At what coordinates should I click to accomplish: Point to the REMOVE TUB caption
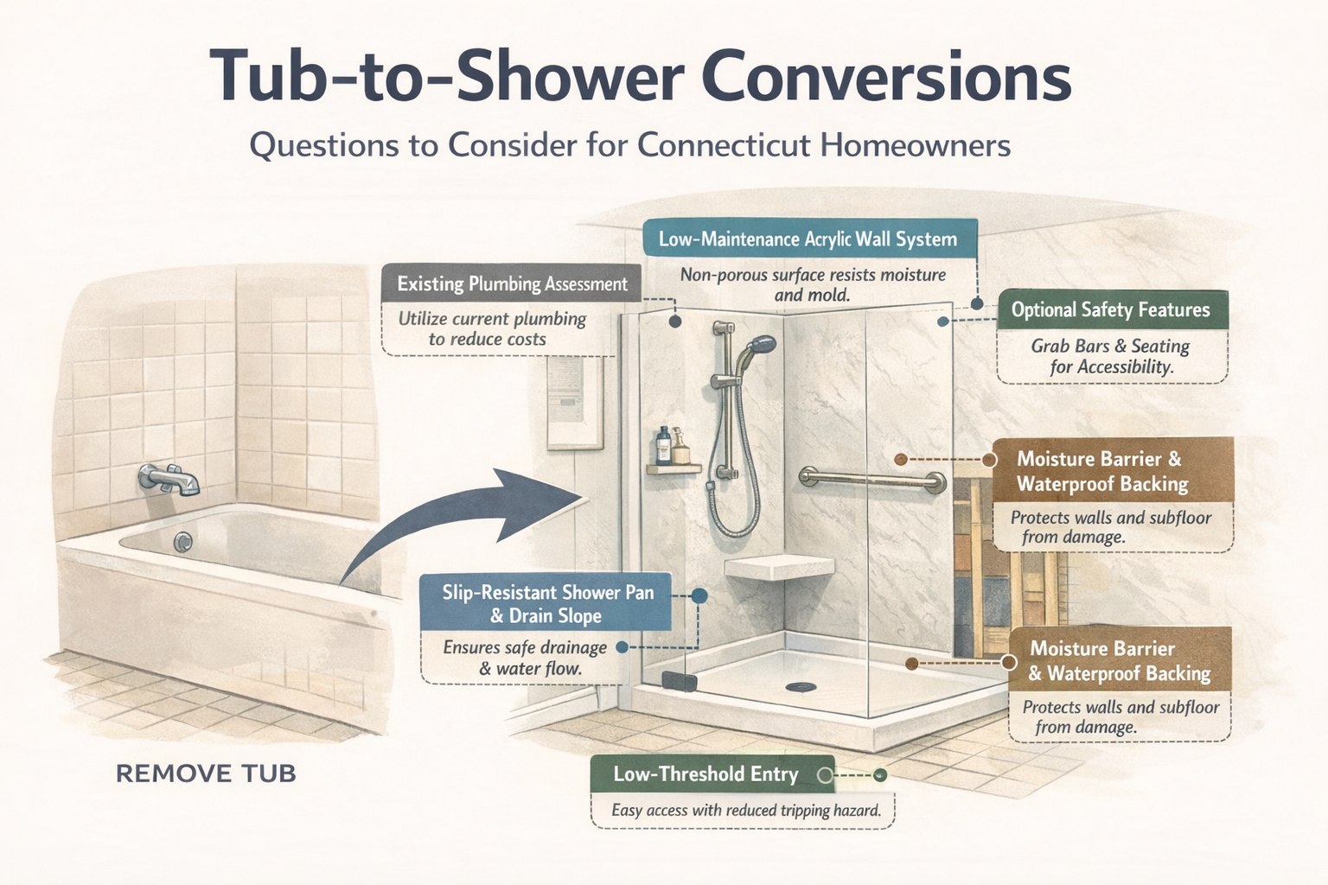pyautogui.click(x=206, y=773)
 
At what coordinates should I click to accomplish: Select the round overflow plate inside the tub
pyautogui.click(x=182, y=542)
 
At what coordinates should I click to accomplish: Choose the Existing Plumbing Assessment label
pyautogui.click(x=512, y=283)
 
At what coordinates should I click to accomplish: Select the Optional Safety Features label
pyautogui.click(x=1110, y=309)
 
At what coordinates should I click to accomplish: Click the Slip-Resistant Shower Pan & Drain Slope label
pyautogui.click(x=546, y=603)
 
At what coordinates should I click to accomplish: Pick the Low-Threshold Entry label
pyautogui.click(x=705, y=774)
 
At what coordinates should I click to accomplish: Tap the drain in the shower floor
pyautogui.click(x=800, y=687)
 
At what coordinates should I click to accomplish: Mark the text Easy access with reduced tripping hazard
pyautogui.click(x=745, y=811)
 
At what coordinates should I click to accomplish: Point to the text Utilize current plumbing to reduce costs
pyautogui.click(x=491, y=328)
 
